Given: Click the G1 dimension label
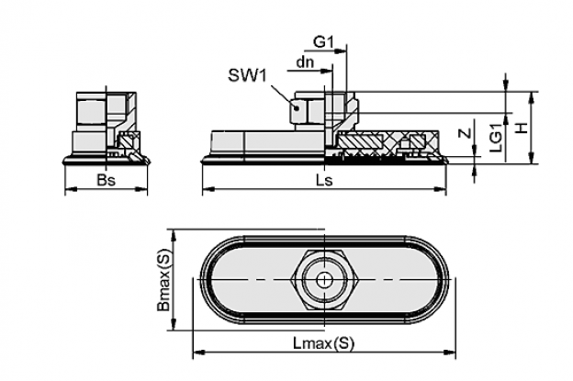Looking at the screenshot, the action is pos(324,42).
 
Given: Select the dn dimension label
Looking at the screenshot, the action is pos(305,62).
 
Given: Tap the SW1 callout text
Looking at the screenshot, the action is pos(247,75).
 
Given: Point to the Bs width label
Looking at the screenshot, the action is pos(106,180).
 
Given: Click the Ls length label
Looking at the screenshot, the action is pos(324,180).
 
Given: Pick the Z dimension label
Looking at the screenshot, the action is pos(465,133).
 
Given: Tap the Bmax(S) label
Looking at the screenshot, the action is pos(163,281).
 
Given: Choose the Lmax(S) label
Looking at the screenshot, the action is pos(324,343).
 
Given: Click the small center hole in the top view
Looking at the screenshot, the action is pos(324,281).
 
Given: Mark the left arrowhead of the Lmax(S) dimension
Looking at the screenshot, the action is pos(198,353).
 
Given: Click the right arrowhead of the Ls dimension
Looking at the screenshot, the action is pos(441,189).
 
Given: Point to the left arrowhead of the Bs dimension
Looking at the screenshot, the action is pos(71,189).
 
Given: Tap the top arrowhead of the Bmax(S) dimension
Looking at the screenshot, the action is pos(174,235).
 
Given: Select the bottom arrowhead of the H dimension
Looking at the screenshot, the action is pos(532,158).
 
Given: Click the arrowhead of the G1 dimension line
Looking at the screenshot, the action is pos(341,50).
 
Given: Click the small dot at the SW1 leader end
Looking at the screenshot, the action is pos(298,107).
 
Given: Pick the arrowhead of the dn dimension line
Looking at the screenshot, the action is pos(327,71).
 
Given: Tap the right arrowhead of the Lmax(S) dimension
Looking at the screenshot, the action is pos(450,353).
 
